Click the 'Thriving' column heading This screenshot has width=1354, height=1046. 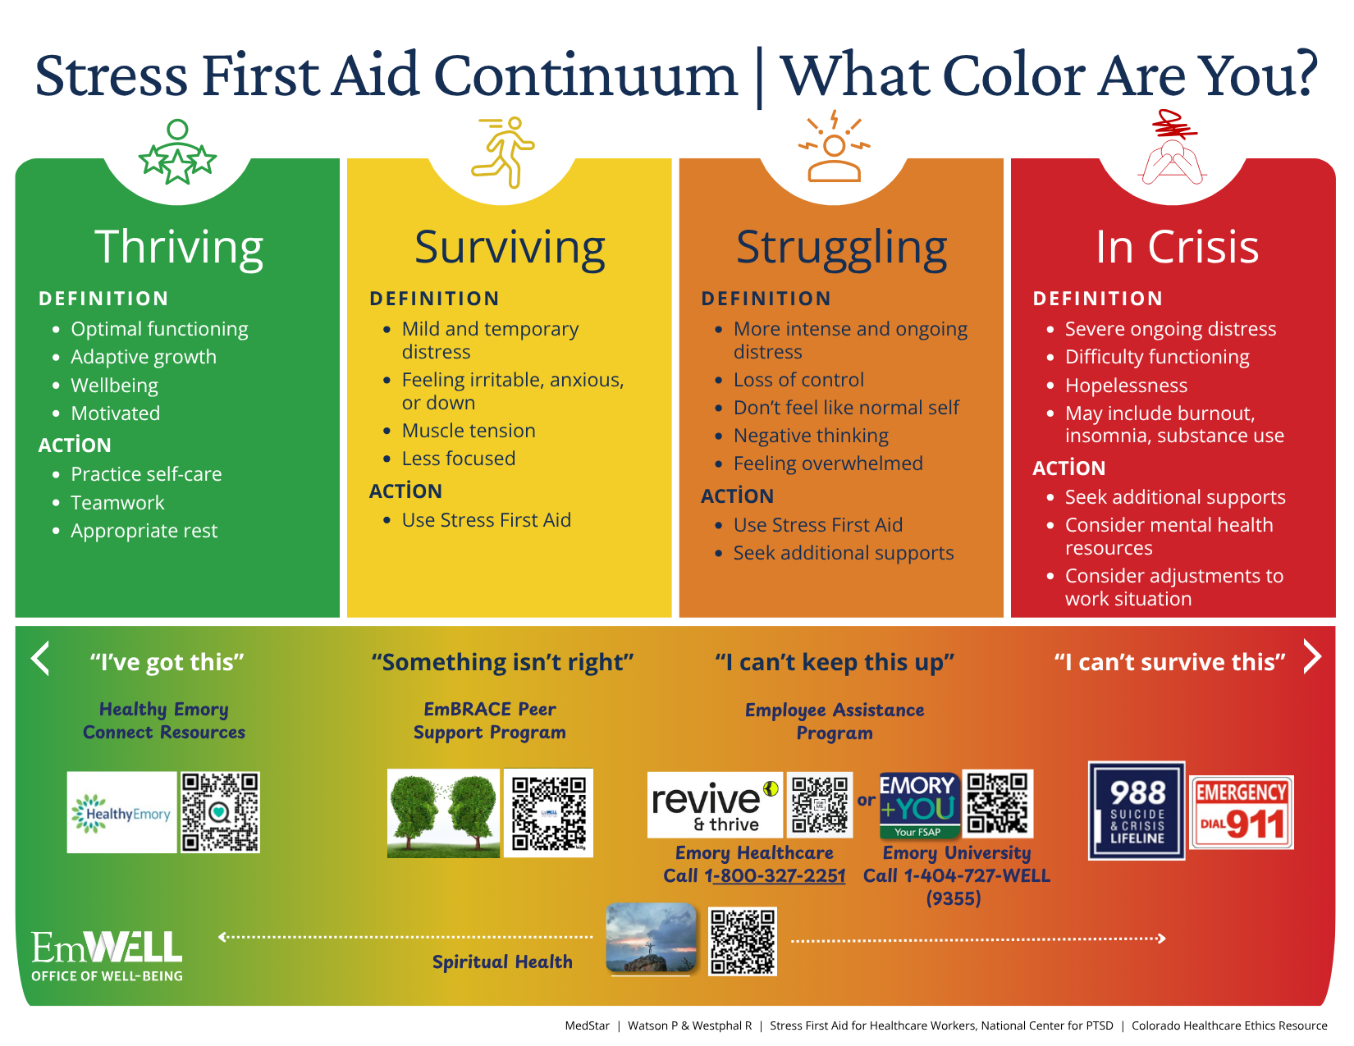tap(179, 247)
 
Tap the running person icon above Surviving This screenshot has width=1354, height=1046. tap(503, 152)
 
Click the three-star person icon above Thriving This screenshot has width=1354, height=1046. tap(177, 153)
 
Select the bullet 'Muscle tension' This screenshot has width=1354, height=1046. tap(468, 431)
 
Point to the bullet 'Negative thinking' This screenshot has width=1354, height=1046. tap(810, 436)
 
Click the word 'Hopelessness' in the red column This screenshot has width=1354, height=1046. tap(1125, 386)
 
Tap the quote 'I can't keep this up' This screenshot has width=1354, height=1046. tap(834, 662)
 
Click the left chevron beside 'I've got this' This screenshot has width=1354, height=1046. tap(40, 658)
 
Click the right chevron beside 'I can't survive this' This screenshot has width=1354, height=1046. tap(1312, 656)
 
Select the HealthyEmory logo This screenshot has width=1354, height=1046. tap(121, 812)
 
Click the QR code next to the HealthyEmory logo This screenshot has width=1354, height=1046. tap(220, 811)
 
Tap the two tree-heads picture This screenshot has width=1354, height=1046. tap(443, 813)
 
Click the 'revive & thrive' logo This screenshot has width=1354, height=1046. tap(714, 805)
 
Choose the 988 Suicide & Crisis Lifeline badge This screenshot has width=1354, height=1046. tap(1137, 811)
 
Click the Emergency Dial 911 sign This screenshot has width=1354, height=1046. tap(1241, 812)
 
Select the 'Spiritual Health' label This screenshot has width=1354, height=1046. tap(502, 961)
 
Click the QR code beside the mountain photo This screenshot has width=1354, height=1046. tap(742, 941)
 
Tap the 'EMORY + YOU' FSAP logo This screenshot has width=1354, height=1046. tap(918, 805)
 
